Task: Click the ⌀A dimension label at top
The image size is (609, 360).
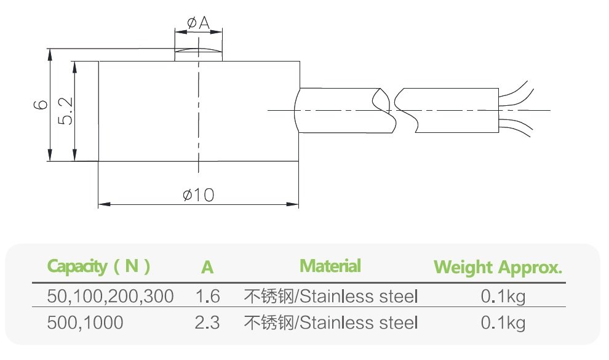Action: (x=198, y=23)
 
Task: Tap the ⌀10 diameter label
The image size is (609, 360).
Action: (x=198, y=195)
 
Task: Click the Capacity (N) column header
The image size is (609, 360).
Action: (x=99, y=266)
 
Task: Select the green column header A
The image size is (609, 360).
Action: (x=207, y=268)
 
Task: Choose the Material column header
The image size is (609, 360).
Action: (x=330, y=266)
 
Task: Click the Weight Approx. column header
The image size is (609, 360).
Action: (x=498, y=268)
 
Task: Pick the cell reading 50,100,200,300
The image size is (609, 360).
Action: (x=111, y=297)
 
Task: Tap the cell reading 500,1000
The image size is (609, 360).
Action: (x=86, y=322)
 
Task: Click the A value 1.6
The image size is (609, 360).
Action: (x=207, y=297)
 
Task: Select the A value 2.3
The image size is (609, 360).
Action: (x=207, y=322)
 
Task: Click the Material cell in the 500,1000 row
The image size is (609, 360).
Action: (x=331, y=322)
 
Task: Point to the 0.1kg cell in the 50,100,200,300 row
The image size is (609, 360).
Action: (x=503, y=297)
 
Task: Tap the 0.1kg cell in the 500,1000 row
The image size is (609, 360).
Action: (x=503, y=322)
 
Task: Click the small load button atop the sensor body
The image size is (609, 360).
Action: (x=198, y=55)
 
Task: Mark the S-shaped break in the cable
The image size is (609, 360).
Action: (x=394, y=110)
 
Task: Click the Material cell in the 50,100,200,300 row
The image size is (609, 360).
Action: (x=331, y=297)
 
